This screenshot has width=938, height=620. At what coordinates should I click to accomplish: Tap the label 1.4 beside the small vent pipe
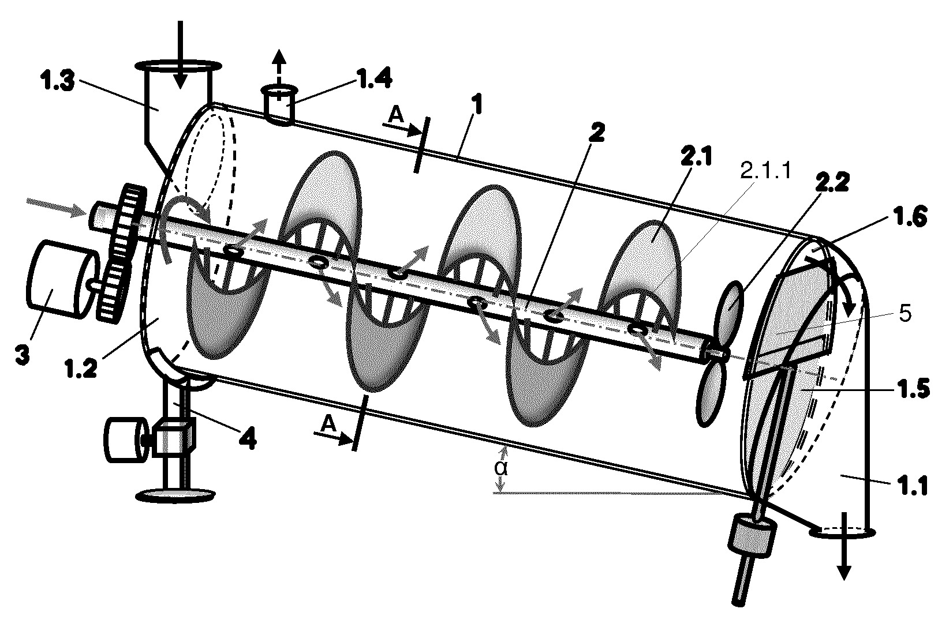[x=374, y=78]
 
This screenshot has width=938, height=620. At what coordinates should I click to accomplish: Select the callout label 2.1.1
[x=766, y=171]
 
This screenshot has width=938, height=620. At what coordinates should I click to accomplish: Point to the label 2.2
[x=831, y=183]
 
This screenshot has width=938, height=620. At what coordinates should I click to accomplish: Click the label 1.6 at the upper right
[x=909, y=218]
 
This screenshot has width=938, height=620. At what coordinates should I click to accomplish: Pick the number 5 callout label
[x=905, y=313]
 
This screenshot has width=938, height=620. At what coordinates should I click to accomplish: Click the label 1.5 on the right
[x=911, y=389]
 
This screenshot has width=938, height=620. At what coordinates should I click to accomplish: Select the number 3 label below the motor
[x=22, y=355]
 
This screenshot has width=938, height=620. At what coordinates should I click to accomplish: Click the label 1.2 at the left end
[x=81, y=370]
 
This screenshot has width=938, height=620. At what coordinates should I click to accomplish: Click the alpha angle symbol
[x=501, y=468]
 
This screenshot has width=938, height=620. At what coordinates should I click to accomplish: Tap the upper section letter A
[x=396, y=115]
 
